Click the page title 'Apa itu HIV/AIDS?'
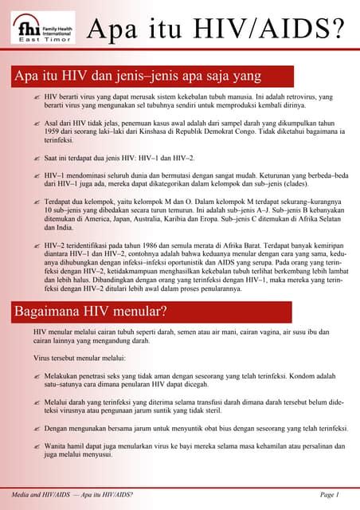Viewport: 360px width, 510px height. point(216,29)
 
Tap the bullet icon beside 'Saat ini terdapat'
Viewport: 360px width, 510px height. point(37,159)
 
